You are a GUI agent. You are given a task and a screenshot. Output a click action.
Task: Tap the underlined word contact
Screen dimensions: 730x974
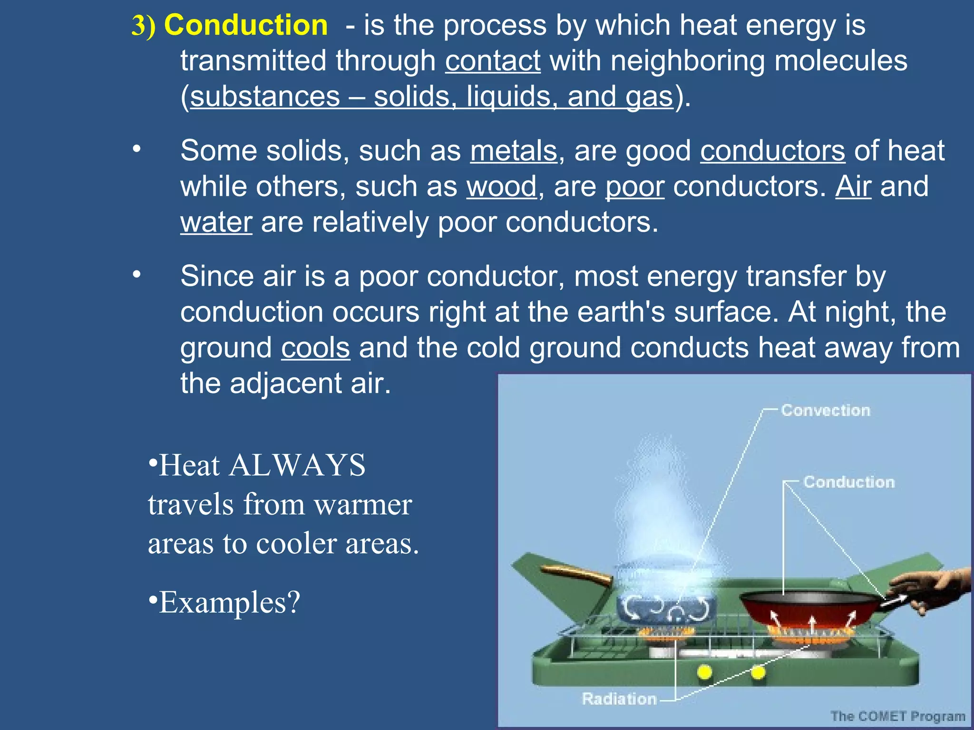(x=493, y=61)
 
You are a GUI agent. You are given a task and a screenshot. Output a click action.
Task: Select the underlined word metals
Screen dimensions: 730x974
(x=513, y=151)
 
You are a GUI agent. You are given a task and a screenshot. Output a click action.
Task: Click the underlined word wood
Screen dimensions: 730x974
(x=501, y=186)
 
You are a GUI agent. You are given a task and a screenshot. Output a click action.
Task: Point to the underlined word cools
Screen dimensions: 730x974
(x=315, y=347)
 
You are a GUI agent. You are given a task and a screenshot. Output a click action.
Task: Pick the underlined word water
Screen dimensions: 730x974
(x=216, y=222)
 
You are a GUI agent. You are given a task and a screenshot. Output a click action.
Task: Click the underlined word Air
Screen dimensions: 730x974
(x=853, y=186)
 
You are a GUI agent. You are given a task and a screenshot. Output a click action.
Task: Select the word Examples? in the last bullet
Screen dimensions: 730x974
(x=229, y=602)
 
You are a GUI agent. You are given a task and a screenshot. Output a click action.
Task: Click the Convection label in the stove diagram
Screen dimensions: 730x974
(x=825, y=410)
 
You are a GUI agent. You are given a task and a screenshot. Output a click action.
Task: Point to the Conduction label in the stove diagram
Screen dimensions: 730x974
(x=849, y=482)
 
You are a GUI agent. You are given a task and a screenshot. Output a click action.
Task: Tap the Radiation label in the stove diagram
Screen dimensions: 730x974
(x=619, y=699)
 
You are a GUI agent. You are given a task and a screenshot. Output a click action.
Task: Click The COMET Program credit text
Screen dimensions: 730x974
(x=897, y=716)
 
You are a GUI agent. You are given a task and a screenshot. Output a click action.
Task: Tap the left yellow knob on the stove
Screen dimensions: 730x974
(x=704, y=672)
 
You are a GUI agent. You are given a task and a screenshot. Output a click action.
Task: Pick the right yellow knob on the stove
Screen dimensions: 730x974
(x=758, y=672)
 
